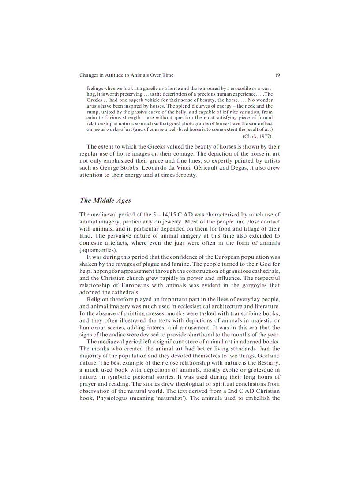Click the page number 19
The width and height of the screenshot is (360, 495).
(277, 75)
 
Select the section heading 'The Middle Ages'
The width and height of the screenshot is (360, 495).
(105, 200)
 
